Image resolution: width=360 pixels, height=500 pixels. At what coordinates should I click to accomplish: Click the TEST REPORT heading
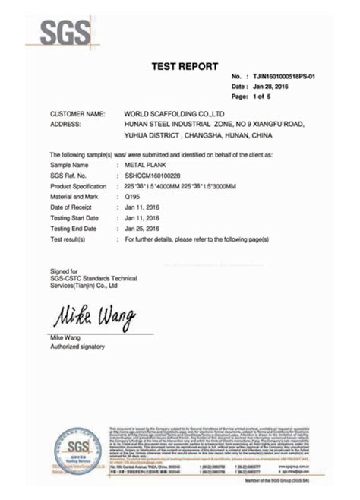185,66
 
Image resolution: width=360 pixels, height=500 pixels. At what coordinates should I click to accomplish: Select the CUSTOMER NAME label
77,113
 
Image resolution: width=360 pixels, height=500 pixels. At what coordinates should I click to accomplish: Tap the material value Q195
133,196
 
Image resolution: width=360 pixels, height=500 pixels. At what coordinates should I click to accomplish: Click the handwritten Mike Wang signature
93,314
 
